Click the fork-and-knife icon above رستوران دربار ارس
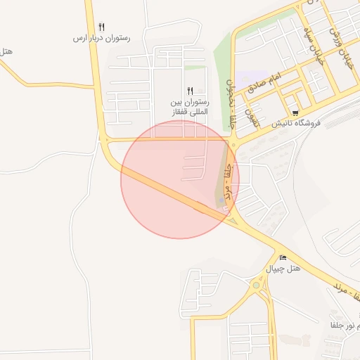[x=102, y=27]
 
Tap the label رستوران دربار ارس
[x=102, y=37]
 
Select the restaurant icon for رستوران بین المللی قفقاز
[x=190, y=91]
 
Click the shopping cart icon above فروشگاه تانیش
[x=295, y=112]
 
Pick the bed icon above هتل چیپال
[x=283, y=258]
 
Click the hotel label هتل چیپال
[x=283, y=269]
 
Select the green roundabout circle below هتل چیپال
[x=255, y=285]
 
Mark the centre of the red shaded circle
[x=180, y=179]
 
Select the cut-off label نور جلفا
[x=345, y=325]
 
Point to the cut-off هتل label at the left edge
[x=6, y=51]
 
